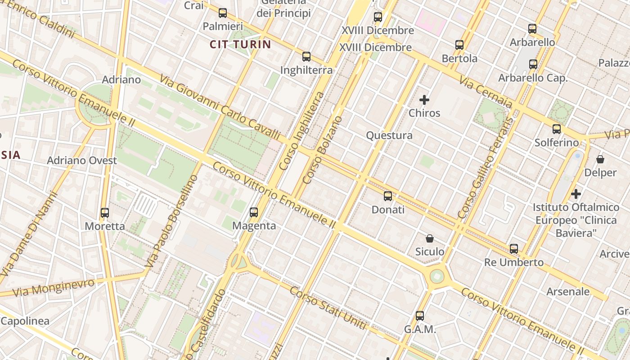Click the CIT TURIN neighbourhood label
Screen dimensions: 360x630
(240, 44)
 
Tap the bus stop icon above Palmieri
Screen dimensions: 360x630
(223, 13)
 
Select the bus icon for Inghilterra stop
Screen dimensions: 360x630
(306, 57)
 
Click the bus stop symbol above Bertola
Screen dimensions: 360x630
(459, 45)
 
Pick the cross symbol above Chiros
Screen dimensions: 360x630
(424, 100)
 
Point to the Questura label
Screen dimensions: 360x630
(389, 135)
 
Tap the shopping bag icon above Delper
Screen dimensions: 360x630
(600, 159)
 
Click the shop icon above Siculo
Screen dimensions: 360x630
(430, 238)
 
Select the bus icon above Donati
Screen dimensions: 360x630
(388, 196)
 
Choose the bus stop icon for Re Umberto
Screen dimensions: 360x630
(514, 249)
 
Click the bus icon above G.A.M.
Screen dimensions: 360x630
(420, 316)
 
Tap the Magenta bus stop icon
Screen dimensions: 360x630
(254, 212)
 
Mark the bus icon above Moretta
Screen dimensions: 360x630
(105, 213)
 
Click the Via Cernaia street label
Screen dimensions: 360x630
(486, 92)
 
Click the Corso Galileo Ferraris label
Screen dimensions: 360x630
(485, 168)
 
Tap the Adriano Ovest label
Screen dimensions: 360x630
(82, 161)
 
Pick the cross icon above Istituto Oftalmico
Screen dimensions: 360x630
(576, 194)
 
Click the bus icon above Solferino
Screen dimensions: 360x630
(557, 130)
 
